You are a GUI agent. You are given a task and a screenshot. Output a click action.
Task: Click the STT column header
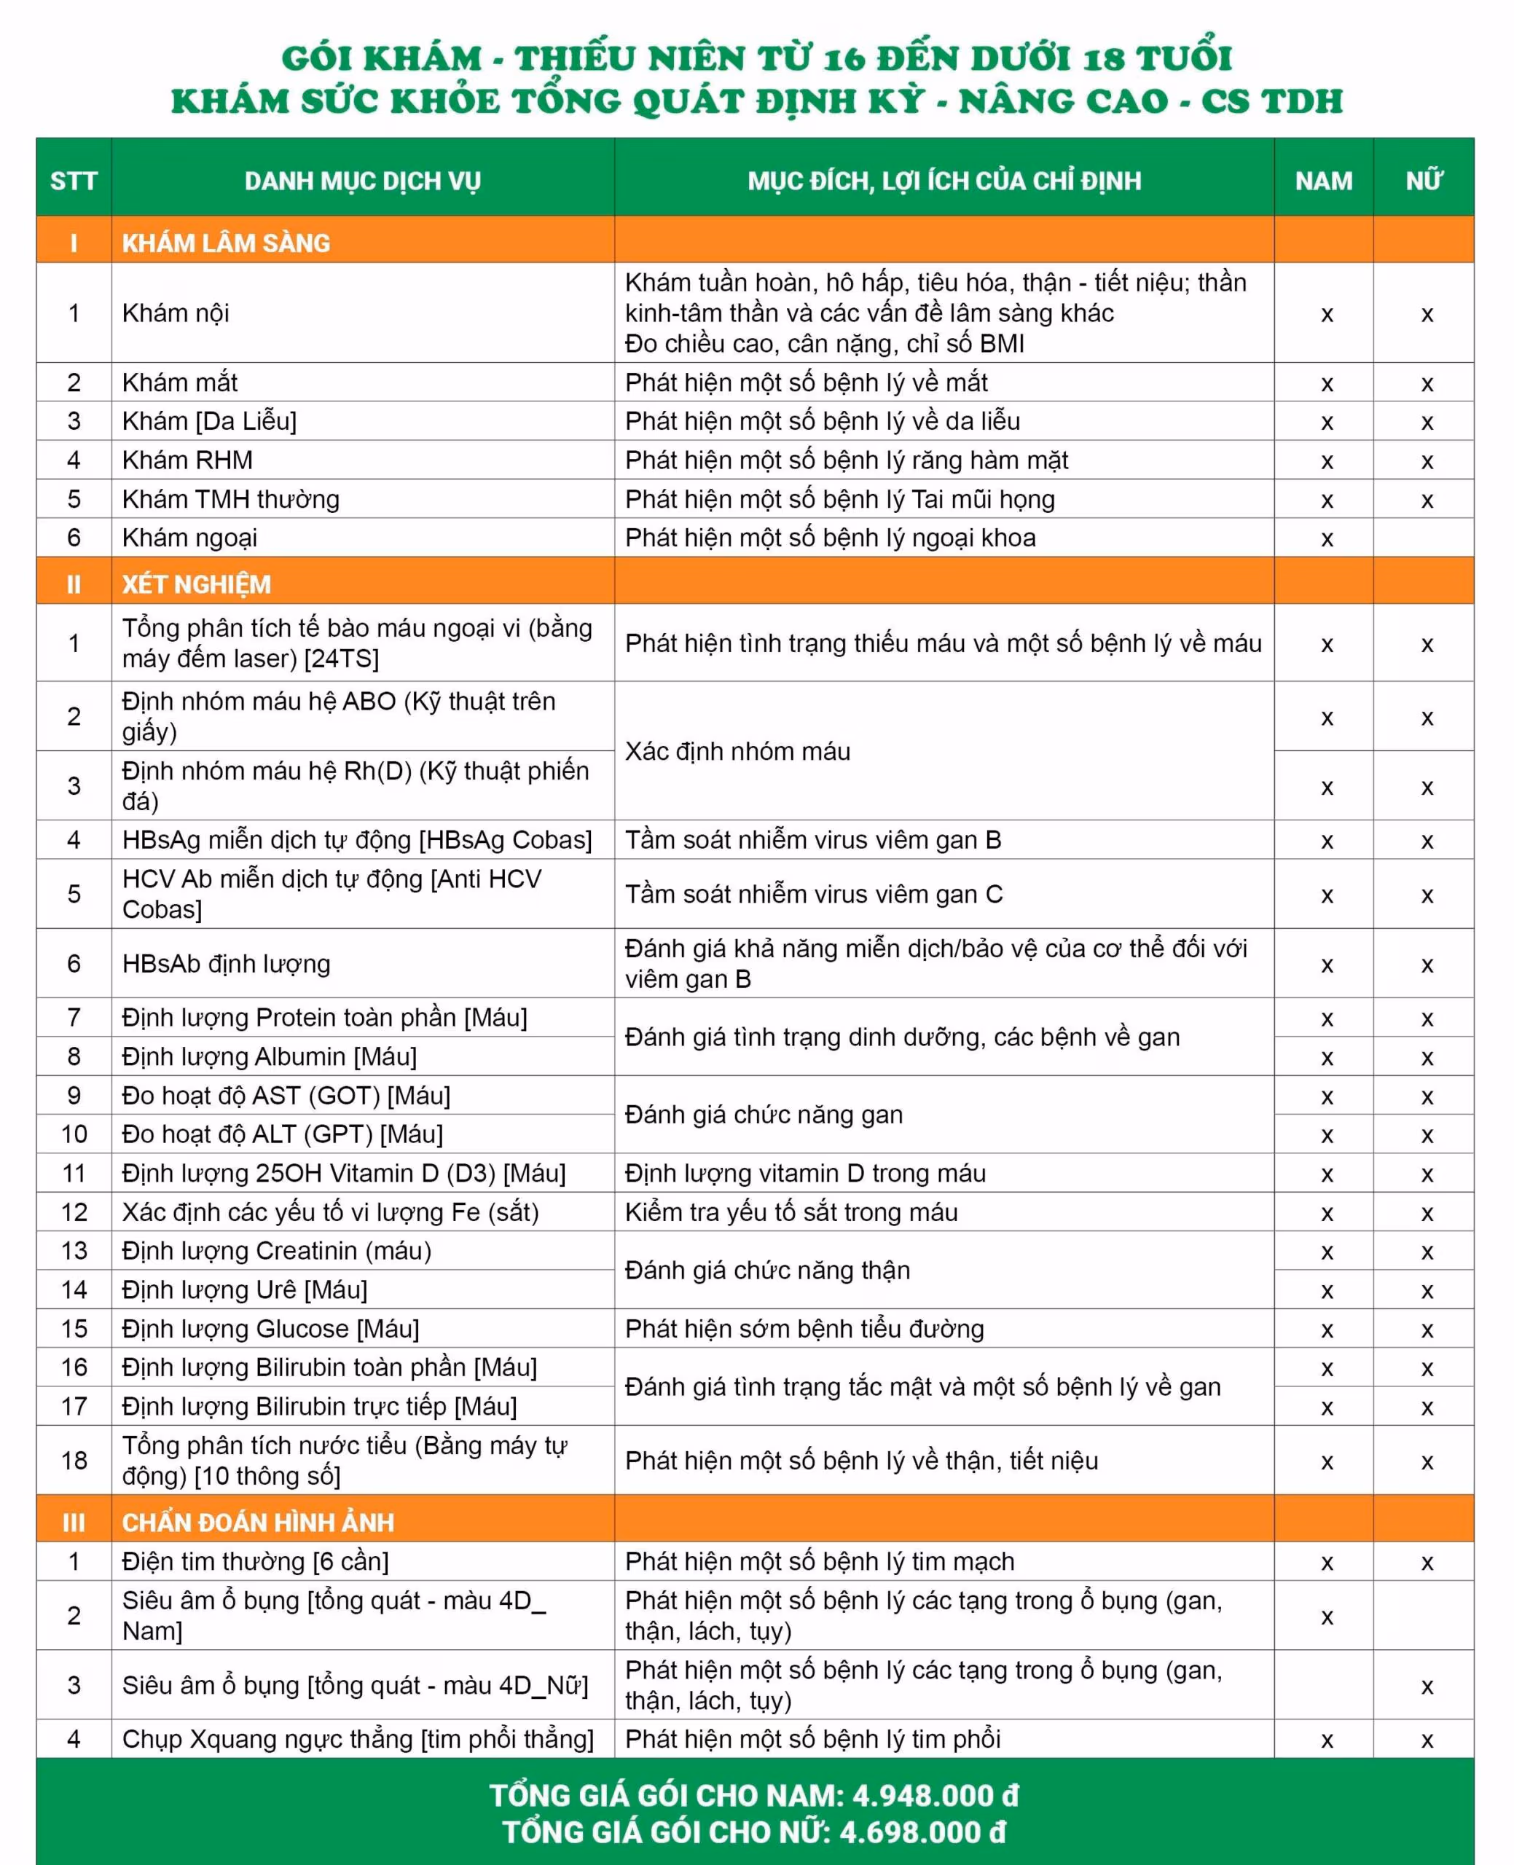tap(74, 181)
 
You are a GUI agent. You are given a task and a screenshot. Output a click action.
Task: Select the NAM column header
tap(1323, 181)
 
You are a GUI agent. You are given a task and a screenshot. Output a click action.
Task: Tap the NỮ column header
tap(1424, 181)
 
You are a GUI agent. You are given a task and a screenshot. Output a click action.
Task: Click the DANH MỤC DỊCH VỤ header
tap(362, 181)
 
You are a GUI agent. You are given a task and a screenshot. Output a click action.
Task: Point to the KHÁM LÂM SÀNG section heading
tap(226, 243)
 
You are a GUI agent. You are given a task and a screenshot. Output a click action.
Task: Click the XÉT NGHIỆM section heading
tap(196, 584)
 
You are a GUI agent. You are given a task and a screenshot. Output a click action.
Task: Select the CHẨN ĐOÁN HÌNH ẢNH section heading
tap(257, 1523)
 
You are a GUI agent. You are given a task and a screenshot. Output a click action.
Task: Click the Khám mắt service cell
tap(180, 382)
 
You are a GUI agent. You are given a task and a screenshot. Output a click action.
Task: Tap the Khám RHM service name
tap(187, 460)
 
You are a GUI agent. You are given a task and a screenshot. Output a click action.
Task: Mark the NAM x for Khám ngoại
tap(1327, 540)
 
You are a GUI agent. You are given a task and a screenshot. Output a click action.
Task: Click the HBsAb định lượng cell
tap(226, 963)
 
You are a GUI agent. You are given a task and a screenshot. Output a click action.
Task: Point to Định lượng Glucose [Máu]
tap(270, 1329)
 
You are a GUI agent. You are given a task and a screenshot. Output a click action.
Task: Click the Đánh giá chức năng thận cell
tap(766, 1271)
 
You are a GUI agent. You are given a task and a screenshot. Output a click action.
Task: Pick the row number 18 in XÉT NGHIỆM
tap(74, 1461)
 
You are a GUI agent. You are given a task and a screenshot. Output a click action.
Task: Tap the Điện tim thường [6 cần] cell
tap(255, 1562)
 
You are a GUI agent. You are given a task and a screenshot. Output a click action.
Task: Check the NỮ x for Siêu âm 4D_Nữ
tap(1427, 1687)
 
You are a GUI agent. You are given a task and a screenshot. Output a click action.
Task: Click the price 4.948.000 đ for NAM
tap(935, 1795)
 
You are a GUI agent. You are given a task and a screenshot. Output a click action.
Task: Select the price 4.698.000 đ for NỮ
tap(922, 1833)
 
